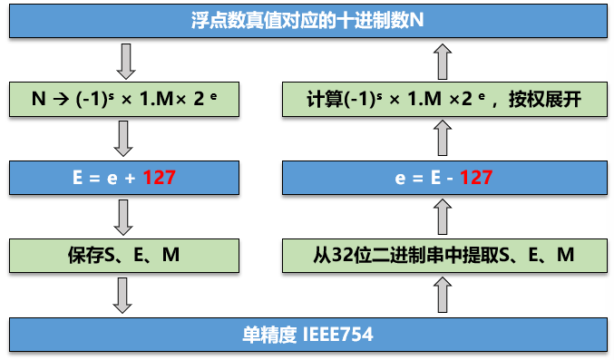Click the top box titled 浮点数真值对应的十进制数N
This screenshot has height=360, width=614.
307,19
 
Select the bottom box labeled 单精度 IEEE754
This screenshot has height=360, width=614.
307,335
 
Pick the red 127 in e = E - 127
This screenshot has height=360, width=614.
475,177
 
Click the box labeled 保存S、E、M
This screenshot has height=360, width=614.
125,256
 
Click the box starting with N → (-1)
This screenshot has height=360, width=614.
125,99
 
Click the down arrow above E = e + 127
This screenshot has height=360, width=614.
126,138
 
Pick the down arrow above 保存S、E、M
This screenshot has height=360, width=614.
126,217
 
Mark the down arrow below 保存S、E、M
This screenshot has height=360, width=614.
126,296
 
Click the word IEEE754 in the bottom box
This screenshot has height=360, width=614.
339,335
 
